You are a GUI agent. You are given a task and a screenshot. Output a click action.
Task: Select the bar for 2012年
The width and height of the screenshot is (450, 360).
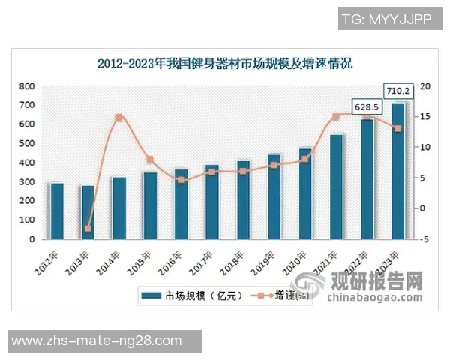(56, 211)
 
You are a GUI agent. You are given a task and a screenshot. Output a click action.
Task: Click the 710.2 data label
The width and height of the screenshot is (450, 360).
(397, 91)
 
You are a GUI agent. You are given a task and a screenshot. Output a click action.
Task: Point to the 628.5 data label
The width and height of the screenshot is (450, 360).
(367, 108)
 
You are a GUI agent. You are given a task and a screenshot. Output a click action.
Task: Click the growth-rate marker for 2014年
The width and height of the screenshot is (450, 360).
(118, 118)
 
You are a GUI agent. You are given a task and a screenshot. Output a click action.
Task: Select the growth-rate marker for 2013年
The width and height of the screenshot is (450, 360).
(88, 228)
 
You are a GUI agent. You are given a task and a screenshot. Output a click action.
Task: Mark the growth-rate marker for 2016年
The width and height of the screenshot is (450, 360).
(181, 180)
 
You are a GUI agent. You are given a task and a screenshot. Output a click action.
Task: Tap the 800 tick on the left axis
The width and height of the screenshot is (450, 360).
(26, 86)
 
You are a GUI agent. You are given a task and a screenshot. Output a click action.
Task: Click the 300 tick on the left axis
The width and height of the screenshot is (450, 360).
(26, 182)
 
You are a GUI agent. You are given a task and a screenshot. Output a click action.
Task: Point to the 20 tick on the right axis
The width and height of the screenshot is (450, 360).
(424, 86)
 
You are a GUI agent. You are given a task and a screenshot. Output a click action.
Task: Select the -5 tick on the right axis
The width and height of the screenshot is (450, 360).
(424, 240)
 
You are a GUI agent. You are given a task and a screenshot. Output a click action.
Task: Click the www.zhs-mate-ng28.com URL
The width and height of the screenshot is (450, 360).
(97, 341)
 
